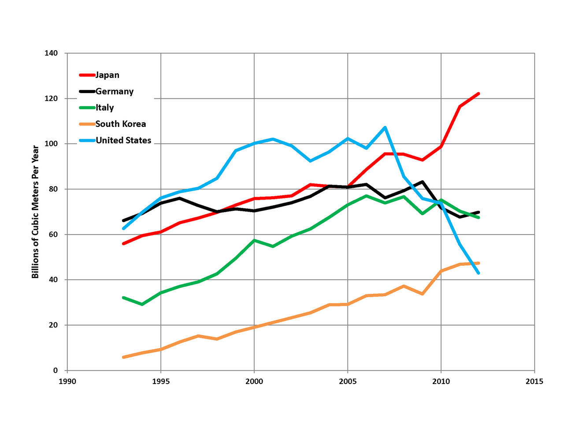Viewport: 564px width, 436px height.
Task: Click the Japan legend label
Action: [x=107, y=75]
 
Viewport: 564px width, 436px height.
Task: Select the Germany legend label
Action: [x=114, y=91]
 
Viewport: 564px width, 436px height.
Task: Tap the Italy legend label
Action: [x=104, y=108]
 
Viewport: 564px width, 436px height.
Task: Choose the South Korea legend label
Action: [x=120, y=124]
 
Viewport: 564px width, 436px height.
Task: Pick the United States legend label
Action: [x=123, y=140]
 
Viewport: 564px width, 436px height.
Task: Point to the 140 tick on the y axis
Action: [x=51, y=53]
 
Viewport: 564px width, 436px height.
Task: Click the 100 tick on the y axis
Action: [x=51, y=144]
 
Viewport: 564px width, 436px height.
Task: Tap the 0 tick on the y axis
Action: [x=56, y=371]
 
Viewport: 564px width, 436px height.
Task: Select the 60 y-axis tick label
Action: [x=53, y=235]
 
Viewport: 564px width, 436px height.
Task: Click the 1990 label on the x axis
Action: [x=67, y=381]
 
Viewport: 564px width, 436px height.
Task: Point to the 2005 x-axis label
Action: [x=348, y=381]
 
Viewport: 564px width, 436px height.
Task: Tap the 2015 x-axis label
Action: [x=534, y=381]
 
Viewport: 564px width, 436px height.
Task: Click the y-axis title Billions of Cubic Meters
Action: [x=35, y=212]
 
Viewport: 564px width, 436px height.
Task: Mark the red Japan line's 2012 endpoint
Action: [x=479, y=93]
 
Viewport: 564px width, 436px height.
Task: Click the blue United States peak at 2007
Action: [x=385, y=127]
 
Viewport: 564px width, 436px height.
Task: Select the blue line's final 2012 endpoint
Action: [x=479, y=273]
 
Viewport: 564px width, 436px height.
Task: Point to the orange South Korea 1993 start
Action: [x=123, y=357]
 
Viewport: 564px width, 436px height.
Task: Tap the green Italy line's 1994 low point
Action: [x=142, y=304]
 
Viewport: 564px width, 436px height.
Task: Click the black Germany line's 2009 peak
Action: [x=423, y=182]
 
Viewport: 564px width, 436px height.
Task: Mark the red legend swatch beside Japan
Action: [x=87, y=75]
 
